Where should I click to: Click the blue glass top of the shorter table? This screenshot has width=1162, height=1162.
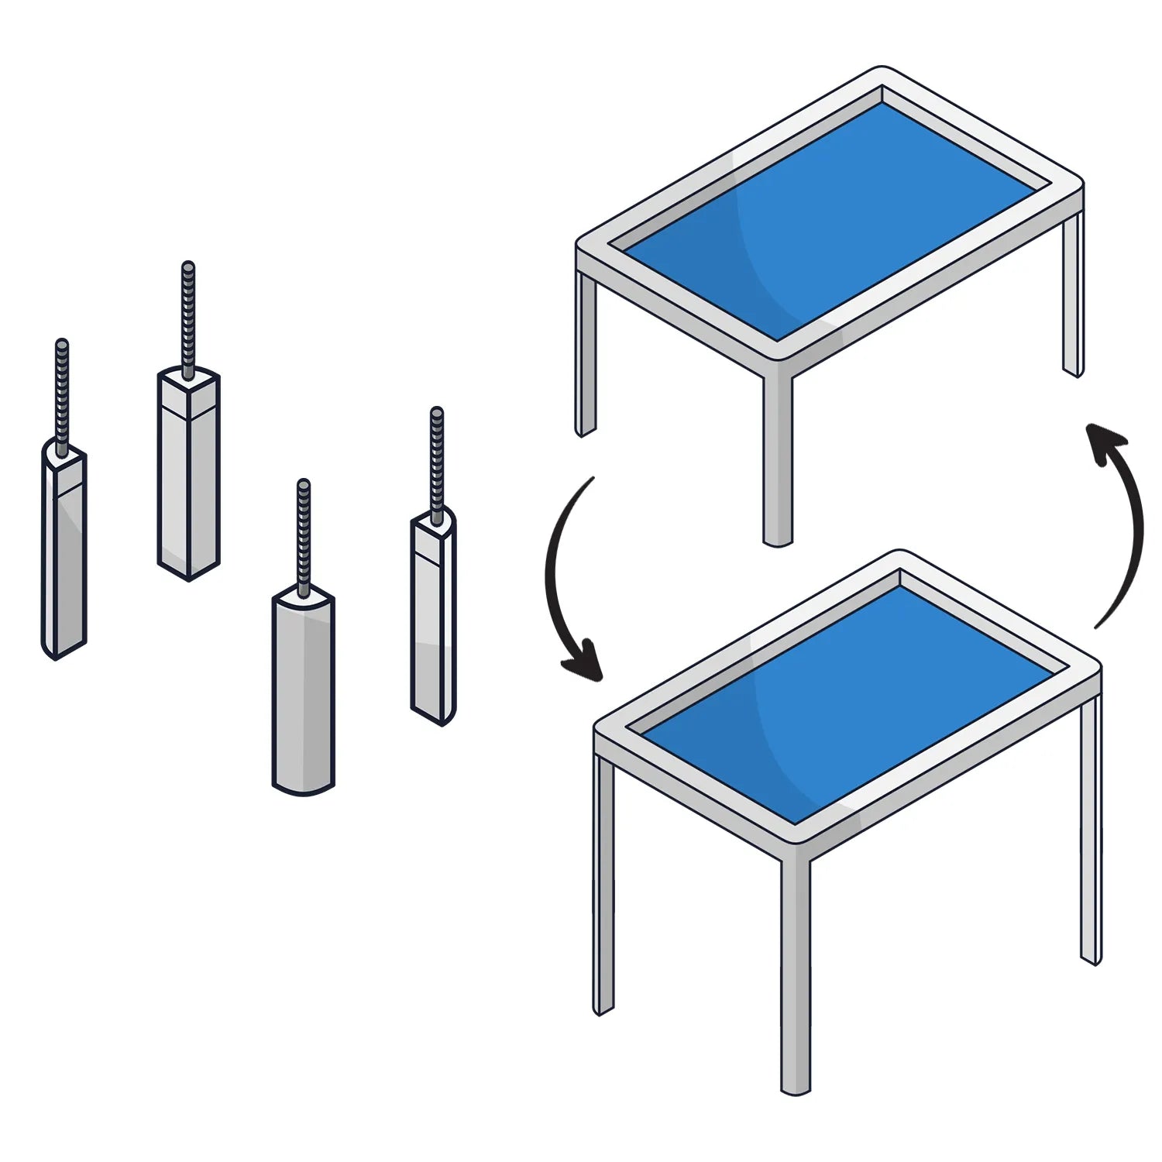pyautogui.click(x=829, y=225)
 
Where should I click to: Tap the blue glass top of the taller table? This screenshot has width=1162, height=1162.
pyautogui.click(x=844, y=705)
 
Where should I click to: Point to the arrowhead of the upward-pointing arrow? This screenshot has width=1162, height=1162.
pyautogui.click(x=1104, y=442)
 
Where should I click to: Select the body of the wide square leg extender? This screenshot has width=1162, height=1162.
pyautogui.click(x=188, y=480)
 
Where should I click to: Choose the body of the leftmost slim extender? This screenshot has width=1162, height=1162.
pyautogui.click(x=64, y=558)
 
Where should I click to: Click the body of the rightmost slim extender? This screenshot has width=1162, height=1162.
pyautogui.click(x=433, y=620)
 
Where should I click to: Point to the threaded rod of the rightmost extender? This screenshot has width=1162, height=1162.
pyautogui.click(x=437, y=465)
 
